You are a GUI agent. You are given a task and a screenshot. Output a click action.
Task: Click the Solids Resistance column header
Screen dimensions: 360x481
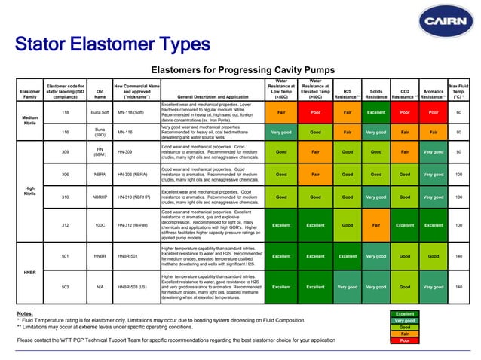click(x=376, y=93)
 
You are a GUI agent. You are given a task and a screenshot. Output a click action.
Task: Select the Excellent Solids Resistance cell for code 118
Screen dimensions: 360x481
click(x=376, y=113)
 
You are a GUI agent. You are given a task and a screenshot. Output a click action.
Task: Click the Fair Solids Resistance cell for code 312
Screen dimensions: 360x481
click(x=376, y=224)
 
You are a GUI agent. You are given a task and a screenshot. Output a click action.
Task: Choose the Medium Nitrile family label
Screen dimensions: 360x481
click(x=29, y=121)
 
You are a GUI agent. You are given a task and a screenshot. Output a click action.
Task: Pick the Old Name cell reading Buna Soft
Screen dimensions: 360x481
click(x=100, y=113)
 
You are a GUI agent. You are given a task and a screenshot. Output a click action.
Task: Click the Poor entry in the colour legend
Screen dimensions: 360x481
click(x=405, y=341)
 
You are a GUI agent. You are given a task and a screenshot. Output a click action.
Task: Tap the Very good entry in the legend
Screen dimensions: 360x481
click(x=405, y=320)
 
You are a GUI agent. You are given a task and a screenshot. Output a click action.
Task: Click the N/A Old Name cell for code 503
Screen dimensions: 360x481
click(x=100, y=287)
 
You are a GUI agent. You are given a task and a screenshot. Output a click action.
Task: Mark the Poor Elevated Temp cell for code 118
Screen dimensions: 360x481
click(x=315, y=113)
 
